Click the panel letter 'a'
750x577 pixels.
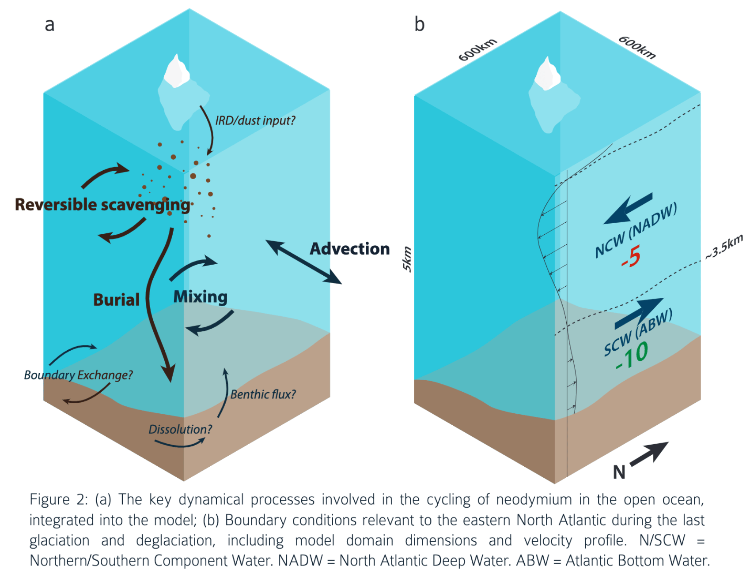[49, 25]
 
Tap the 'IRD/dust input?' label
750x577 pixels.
[255, 120]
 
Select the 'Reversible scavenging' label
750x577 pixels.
[102, 205]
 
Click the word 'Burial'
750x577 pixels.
[116, 300]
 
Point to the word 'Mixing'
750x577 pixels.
[200, 297]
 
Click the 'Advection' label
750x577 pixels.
[349, 249]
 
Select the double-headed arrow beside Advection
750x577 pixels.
[303, 262]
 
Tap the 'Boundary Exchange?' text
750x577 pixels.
[78, 375]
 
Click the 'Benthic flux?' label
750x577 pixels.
[263, 394]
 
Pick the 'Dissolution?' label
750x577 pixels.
[180, 429]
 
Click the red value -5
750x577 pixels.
[631, 257]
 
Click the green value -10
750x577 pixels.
[632, 356]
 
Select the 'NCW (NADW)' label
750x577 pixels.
[636, 230]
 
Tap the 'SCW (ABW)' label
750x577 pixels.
[638, 332]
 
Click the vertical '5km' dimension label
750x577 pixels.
[407, 259]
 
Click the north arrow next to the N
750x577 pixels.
[649, 453]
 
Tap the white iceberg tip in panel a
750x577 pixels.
[176, 72]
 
